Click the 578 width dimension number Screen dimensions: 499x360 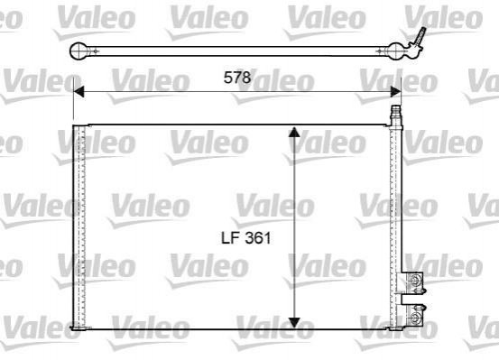point(237,78)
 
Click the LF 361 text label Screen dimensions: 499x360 point(246,238)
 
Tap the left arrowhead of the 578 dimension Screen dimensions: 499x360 point(79,91)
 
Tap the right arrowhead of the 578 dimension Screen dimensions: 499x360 point(395,91)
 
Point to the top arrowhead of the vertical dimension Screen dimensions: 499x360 point(294,132)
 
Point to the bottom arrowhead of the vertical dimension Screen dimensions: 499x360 point(294,323)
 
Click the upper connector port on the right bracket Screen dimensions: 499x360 point(415,279)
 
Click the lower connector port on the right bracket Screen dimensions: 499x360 point(415,317)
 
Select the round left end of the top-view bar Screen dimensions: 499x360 point(79,51)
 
